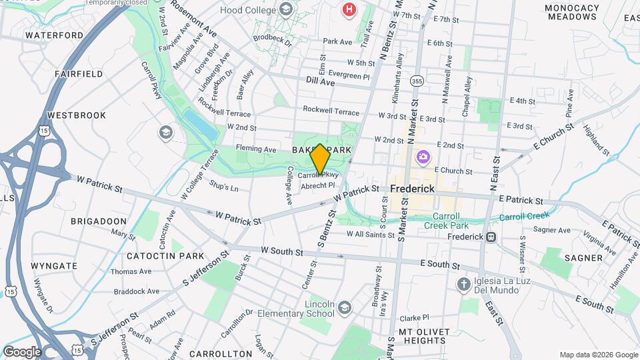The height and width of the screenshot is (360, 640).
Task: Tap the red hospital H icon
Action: click(349, 9)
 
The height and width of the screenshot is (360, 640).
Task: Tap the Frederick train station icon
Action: click(491, 237)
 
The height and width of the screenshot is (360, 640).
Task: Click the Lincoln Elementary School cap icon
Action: click(344, 307)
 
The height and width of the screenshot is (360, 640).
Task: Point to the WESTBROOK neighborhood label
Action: click(77, 115)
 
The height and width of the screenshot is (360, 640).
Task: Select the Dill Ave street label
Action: click(320, 81)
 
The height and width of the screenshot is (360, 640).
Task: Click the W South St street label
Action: click(282, 251)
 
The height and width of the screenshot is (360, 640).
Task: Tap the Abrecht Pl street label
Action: click(317, 185)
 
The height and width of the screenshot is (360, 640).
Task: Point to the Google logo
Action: click(22, 352)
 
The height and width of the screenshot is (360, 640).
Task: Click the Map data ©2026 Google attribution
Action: click(599, 355)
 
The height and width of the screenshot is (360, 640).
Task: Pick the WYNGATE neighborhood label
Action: click(54, 266)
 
